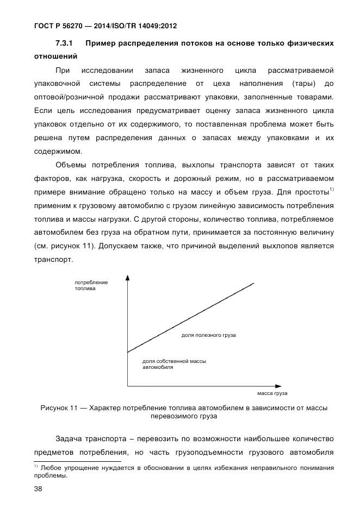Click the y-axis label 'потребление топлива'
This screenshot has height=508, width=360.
(91, 286)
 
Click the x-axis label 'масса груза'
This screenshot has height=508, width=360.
(271, 393)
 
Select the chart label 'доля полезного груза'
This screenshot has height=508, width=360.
(208, 336)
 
